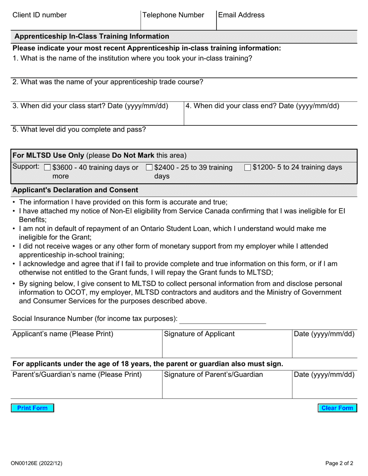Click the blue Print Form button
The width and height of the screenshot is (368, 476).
[32, 408]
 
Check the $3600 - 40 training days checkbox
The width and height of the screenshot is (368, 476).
[48, 168]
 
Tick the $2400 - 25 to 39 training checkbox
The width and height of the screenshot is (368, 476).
[149, 168]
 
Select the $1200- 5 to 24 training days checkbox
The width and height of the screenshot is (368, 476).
[248, 168]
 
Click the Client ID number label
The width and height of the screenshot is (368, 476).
[40, 15]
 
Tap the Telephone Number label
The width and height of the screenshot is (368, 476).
[173, 15]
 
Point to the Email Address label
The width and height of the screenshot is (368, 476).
[241, 15]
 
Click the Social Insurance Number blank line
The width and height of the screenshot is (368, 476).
[223, 320]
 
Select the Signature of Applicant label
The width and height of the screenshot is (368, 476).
[199, 334]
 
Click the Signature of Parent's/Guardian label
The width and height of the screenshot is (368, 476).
[213, 375]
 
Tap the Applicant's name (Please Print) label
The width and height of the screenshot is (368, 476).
[63, 334]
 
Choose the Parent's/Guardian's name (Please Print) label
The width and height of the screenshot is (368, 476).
[77, 375]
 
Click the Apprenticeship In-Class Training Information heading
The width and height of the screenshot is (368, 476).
[92, 36]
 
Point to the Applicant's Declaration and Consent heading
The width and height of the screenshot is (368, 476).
[75, 190]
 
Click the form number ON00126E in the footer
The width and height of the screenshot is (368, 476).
[37, 463]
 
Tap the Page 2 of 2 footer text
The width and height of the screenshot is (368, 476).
[339, 463]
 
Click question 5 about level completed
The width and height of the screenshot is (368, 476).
[79, 130]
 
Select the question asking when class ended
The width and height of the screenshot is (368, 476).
[262, 106]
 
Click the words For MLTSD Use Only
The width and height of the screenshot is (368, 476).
[48, 156]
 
